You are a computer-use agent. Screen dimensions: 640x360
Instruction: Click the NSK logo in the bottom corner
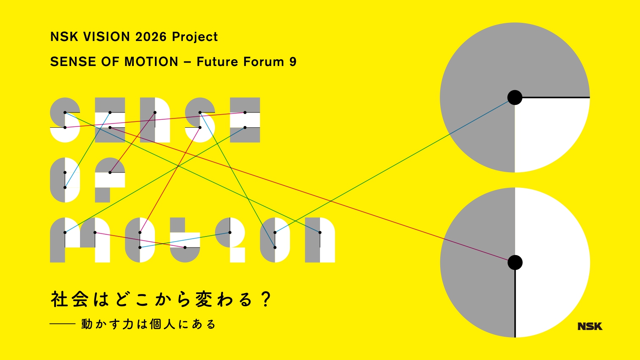click(590, 326)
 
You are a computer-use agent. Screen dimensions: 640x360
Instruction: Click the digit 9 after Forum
click(293, 62)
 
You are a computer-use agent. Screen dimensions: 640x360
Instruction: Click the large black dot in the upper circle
click(515, 98)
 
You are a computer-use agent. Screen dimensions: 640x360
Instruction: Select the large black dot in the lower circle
click(515, 262)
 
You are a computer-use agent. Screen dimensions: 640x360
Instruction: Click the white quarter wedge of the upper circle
click(546, 129)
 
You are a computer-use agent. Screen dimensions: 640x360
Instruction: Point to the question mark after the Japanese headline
click(266, 299)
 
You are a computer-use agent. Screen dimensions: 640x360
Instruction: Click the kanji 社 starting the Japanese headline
click(59, 300)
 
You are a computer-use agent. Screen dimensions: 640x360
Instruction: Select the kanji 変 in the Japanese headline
click(204, 300)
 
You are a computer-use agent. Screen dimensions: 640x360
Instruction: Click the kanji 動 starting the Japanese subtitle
click(87, 324)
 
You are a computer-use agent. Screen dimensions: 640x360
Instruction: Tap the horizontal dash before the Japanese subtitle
click(62, 324)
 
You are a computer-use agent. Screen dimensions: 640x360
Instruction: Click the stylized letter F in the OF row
click(110, 180)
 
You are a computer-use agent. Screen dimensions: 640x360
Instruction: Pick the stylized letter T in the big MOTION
click(185, 240)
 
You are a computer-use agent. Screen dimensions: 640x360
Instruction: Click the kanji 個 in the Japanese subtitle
click(155, 324)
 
